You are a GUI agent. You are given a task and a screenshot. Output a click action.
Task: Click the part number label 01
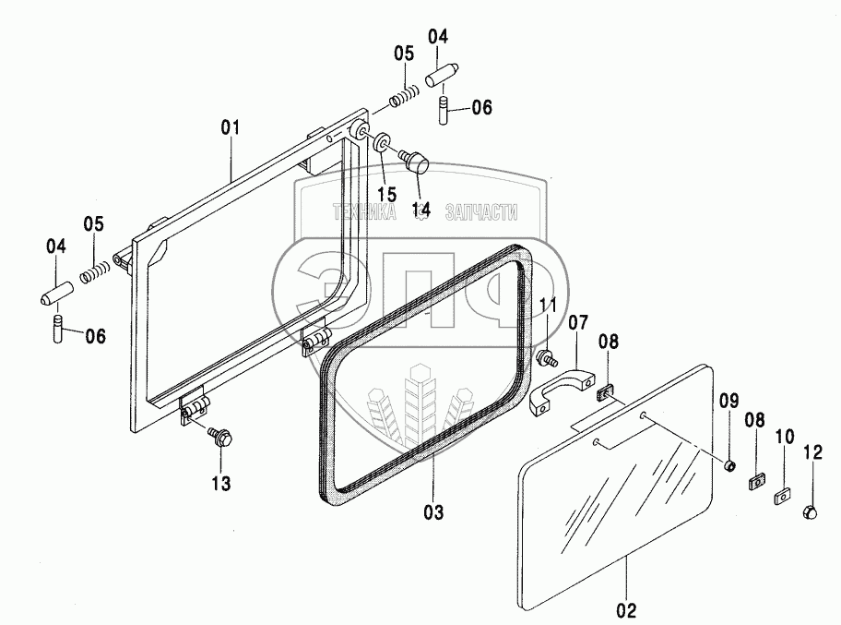click(230, 126)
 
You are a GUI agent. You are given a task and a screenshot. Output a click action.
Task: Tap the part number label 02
click(625, 609)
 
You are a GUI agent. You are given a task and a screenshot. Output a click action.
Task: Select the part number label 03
click(432, 511)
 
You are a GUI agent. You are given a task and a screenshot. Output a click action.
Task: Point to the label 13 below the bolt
click(221, 482)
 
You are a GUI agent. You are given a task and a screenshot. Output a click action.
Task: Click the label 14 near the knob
click(421, 210)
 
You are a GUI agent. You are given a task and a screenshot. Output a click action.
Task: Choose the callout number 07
click(577, 324)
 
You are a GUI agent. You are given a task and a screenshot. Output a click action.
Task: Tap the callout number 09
click(728, 401)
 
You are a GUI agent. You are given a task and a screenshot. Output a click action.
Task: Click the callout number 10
click(784, 435)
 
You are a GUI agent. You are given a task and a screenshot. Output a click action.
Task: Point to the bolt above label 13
click(220, 438)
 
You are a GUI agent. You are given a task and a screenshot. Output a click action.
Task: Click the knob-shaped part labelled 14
click(419, 163)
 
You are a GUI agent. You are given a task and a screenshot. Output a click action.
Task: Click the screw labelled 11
click(547, 356)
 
